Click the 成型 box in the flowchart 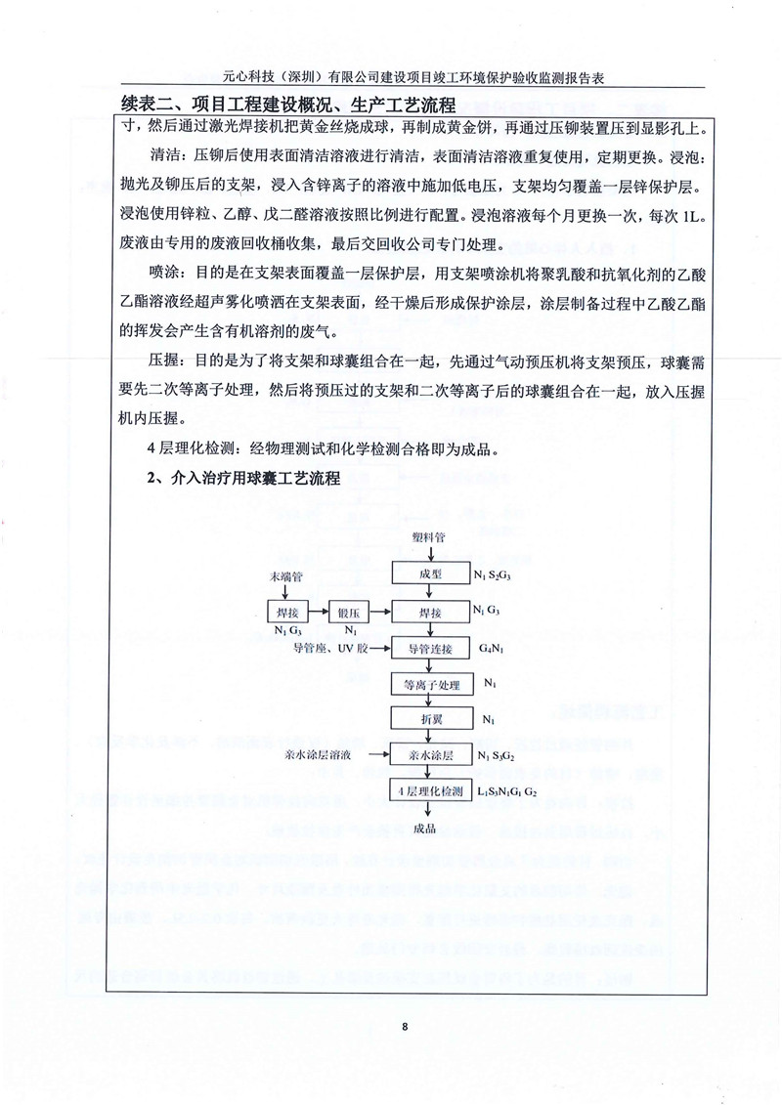pos(424,574)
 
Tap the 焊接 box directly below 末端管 pos(287,612)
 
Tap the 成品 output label pos(424,829)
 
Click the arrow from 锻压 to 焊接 pos(381,612)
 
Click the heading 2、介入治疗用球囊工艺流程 pos(242,478)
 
